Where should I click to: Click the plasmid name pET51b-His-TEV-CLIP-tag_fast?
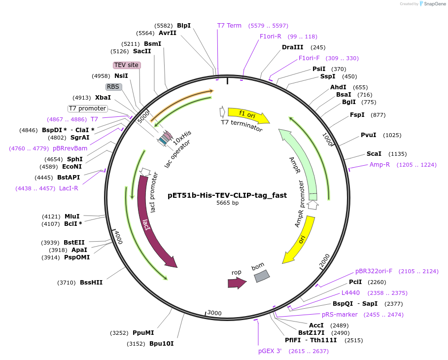coord(227,195)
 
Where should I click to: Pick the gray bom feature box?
coord(262,276)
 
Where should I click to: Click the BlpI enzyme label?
coord(184,25)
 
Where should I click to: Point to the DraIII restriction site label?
coord(293,47)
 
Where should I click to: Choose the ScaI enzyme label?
coord(374,154)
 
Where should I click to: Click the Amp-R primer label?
coord(379,165)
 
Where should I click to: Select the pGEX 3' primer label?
coord(270,351)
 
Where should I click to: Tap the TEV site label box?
coord(127,65)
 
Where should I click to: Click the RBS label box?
coord(113,87)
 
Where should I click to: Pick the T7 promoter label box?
coord(87,108)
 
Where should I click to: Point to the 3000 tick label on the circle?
coord(214,313)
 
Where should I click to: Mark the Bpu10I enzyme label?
coord(162,344)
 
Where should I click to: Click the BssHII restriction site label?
coord(91,283)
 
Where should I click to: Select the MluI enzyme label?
coord(72,216)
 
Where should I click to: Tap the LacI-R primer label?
coord(69,188)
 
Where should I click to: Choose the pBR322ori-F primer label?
coord(374,271)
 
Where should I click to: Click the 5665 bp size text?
coord(227,203)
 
